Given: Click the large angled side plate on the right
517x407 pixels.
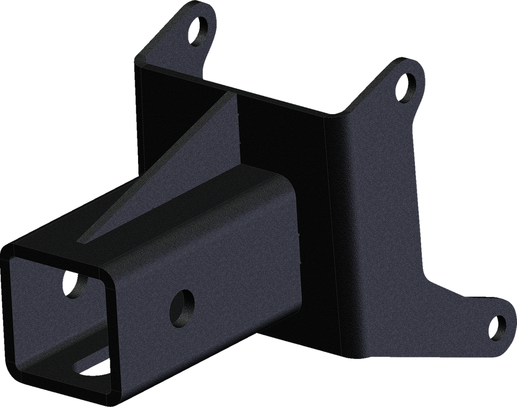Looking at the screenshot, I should (383, 213).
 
